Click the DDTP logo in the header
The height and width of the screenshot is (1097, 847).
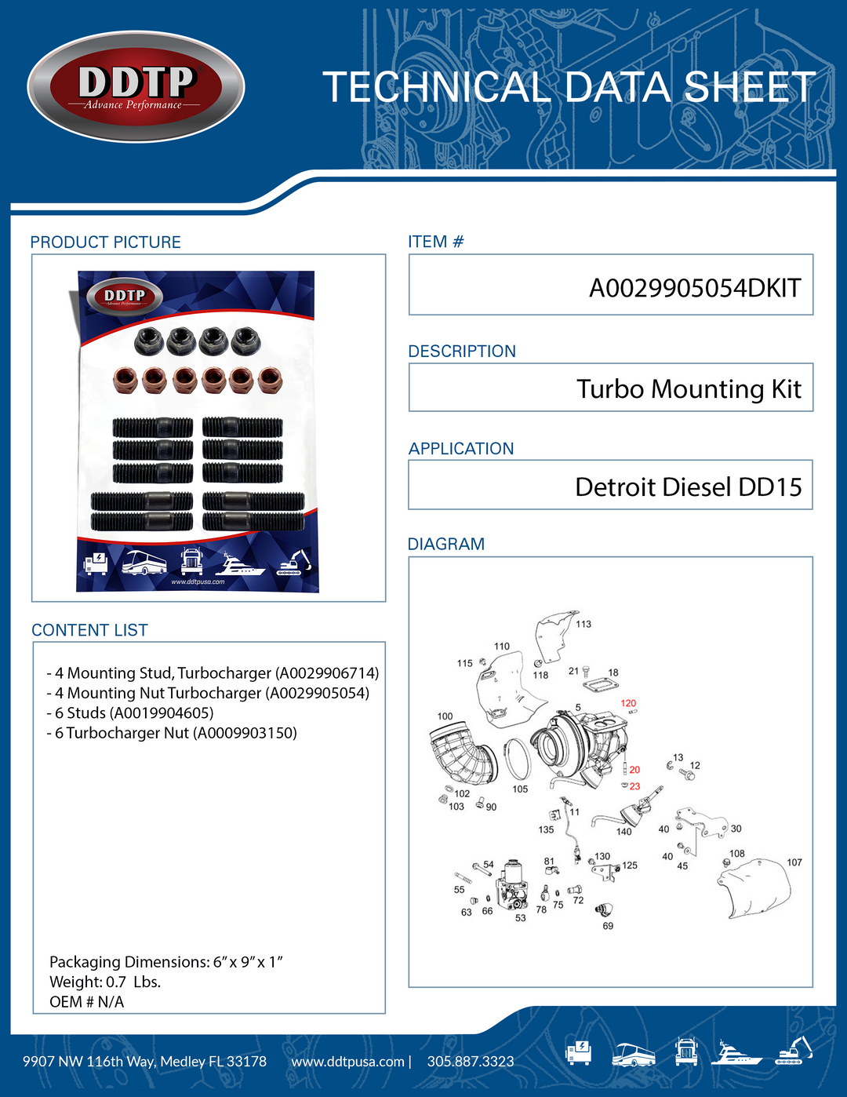136,86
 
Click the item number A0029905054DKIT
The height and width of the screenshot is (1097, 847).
694,288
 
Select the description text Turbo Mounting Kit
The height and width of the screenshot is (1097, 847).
689,389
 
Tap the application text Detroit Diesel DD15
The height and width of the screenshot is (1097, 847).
688,487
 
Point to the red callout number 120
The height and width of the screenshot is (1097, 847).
628,703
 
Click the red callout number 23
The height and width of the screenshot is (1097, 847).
634,786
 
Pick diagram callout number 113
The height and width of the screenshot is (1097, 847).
583,624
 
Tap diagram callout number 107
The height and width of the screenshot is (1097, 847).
794,862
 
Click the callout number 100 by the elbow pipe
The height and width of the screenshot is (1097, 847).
445,716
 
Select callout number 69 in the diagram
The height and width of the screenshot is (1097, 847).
608,926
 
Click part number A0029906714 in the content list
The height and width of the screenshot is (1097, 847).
327,673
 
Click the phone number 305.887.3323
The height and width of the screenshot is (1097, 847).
471,1062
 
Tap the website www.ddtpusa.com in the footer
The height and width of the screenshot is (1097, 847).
347,1062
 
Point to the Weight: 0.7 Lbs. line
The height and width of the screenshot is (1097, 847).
105,982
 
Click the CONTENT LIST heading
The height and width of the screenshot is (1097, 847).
89,630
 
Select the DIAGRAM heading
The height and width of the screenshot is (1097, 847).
446,544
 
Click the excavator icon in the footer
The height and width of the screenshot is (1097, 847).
794,1051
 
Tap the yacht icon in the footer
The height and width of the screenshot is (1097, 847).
736,1052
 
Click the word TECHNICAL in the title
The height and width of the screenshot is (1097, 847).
436,87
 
